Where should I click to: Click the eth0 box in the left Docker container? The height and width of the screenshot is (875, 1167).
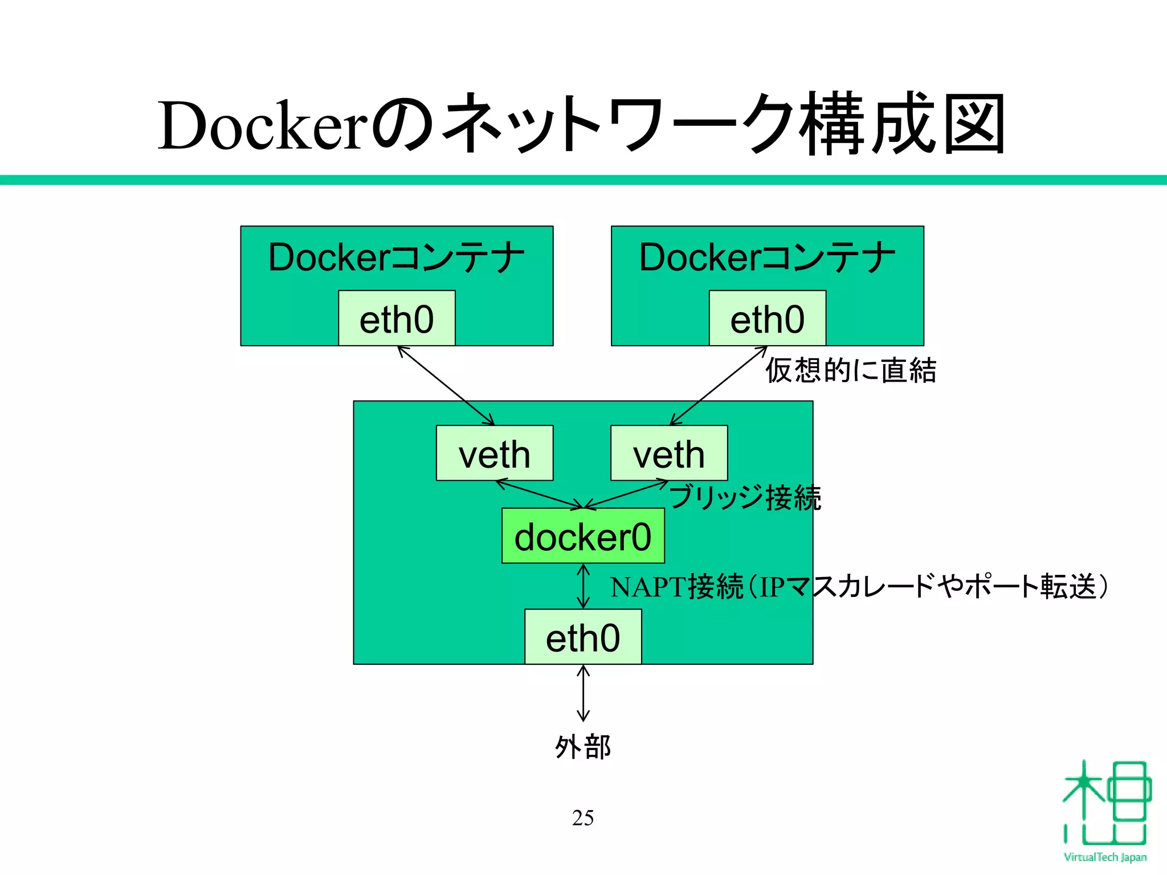[x=397, y=318]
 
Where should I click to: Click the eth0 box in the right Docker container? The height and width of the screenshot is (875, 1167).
[x=767, y=318]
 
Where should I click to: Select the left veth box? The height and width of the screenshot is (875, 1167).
[x=494, y=453]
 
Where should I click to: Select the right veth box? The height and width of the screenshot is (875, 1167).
[x=668, y=453]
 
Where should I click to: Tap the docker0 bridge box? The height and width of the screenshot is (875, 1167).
[x=582, y=536]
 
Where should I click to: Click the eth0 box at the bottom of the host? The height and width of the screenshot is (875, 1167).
[x=582, y=637]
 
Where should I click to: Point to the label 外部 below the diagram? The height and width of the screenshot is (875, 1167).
[x=582, y=746]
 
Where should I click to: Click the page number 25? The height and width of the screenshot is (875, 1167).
[x=582, y=817]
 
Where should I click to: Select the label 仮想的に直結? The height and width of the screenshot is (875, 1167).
[x=850, y=370]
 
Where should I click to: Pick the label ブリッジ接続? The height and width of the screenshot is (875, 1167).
[x=745, y=497]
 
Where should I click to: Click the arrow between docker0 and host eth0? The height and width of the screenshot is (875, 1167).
[x=583, y=586]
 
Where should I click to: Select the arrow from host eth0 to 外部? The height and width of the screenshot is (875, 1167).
[x=583, y=693]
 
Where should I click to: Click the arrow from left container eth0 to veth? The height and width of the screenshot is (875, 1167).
[x=446, y=386]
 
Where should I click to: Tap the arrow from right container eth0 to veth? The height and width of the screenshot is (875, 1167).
[x=718, y=386]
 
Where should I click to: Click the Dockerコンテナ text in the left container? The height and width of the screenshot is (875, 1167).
[x=397, y=257]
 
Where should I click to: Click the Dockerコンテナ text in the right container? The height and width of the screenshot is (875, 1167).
[x=767, y=257]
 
